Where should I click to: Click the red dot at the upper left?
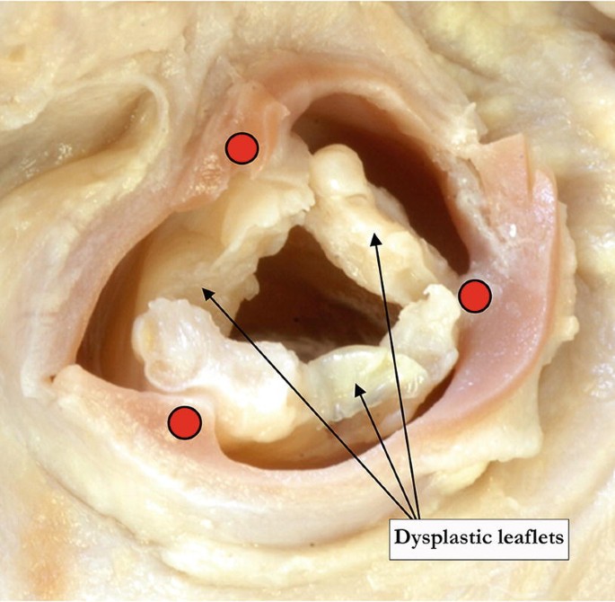[242, 149]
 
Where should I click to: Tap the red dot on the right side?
[475, 295]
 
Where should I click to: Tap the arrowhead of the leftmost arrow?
[204, 289]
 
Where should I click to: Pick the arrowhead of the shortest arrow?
[358, 385]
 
